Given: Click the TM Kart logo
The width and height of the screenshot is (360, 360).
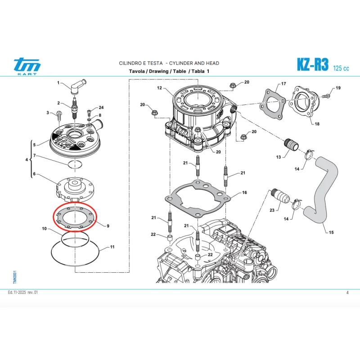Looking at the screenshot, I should [27, 66].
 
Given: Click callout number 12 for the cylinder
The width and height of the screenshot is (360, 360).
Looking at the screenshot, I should [159, 88].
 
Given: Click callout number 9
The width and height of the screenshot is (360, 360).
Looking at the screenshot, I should [108, 226].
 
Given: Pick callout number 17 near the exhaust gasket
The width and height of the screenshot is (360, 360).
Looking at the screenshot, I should [283, 84].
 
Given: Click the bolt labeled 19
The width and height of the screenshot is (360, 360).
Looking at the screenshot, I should [328, 95].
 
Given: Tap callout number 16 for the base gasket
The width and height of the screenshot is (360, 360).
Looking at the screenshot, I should [244, 193].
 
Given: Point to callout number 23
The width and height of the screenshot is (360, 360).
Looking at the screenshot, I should [272, 210].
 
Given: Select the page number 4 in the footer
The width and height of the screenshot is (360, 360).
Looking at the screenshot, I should [347, 293].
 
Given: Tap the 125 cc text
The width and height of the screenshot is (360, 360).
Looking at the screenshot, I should [341, 68].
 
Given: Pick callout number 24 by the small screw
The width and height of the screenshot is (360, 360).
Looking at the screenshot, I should [101, 108].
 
